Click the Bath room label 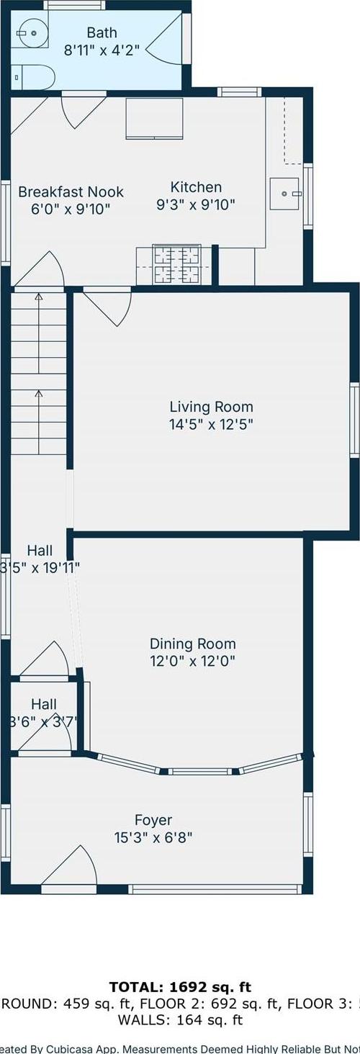(102, 32)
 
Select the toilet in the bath (34, 76)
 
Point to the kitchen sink (286, 192)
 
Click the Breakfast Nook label (71, 192)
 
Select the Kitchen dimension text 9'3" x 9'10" (196, 205)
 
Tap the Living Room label (211, 407)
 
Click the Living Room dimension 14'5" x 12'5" (211, 424)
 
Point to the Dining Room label (192, 644)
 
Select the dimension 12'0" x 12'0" (192, 661)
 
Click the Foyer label (153, 820)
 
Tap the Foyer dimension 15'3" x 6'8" (153, 837)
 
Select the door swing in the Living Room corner (104, 307)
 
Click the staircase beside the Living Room (39, 371)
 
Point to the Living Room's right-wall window (354, 419)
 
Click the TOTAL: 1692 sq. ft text (180, 986)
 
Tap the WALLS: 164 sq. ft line (180, 1019)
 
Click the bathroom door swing (166, 42)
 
